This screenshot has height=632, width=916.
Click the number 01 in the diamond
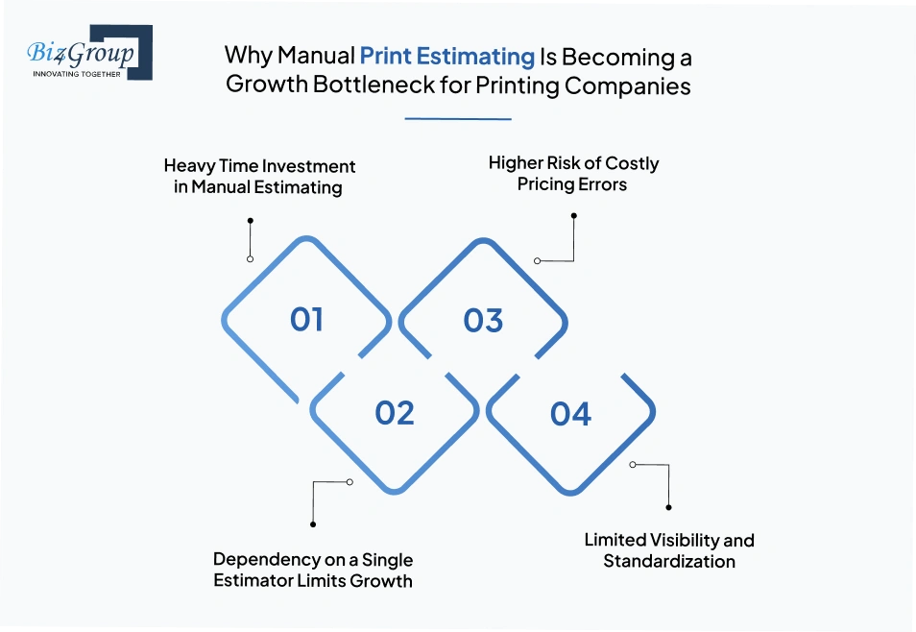click(306, 320)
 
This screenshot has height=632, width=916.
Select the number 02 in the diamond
click(395, 413)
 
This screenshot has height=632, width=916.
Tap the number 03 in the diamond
click(483, 320)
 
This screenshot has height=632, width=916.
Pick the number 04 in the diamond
click(570, 414)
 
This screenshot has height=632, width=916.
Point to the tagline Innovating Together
click(77, 73)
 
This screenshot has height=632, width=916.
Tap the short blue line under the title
click(458, 119)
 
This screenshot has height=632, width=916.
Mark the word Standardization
click(669, 561)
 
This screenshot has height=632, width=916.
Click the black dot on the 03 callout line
click(573, 216)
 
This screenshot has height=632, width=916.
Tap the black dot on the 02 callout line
click(313, 524)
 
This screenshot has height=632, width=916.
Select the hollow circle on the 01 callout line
click(250, 259)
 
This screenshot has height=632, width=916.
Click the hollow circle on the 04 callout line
click(633, 464)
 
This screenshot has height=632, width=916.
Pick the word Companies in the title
click(627, 85)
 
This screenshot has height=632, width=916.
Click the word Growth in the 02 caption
click(382, 580)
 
